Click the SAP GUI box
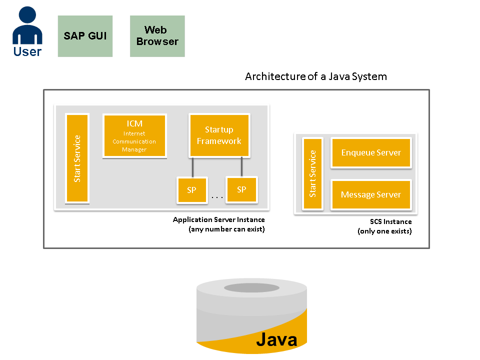85,36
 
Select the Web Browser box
157,36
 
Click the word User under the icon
27,51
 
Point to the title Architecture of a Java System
315,76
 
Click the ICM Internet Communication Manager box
134,136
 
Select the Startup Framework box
219,135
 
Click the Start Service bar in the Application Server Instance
77,158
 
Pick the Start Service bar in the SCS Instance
312,173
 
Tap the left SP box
192,190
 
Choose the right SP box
241,189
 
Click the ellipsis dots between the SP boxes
217,197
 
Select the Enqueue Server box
371,152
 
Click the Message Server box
371,194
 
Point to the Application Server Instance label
218,220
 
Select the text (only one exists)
384,231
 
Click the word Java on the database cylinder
276,339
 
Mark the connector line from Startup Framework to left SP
192,166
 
